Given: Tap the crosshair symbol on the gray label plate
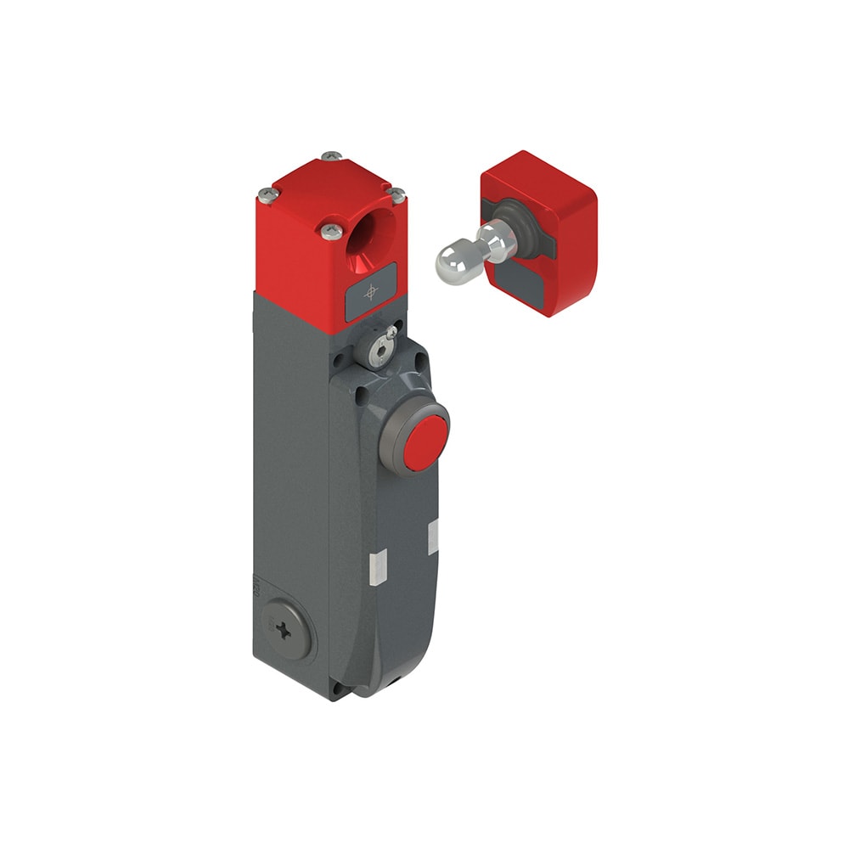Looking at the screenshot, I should pos(371,292).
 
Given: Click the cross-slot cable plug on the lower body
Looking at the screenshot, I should pos(286,630).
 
